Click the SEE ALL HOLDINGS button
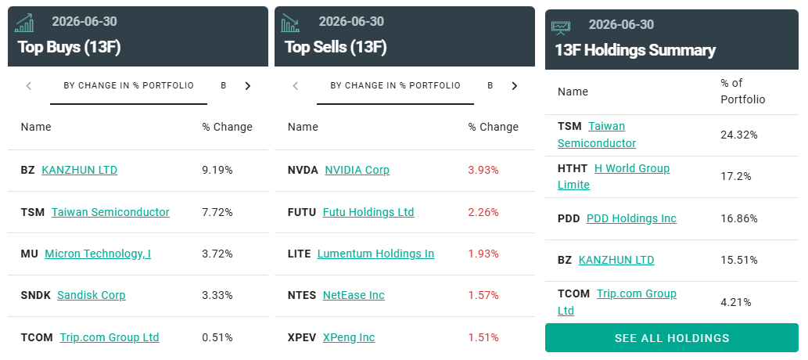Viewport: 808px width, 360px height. pyautogui.click(x=671, y=338)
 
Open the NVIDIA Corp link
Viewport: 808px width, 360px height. pyautogui.click(x=357, y=170)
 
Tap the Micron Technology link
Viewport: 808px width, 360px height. pyautogui.click(x=98, y=254)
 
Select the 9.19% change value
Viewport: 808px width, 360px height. pyautogui.click(x=217, y=170)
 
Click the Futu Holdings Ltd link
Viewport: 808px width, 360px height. pyautogui.click(x=368, y=212)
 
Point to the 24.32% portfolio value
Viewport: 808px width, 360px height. pyautogui.click(x=739, y=135)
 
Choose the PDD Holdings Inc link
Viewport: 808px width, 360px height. pyautogui.click(x=631, y=218)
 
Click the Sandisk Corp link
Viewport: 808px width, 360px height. pyautogui.click(x=92, y=295)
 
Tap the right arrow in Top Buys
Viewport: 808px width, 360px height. pyautogui.click(x=248, y=85)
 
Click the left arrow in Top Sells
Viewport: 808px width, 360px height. pyautogui.click(x=295, y=85)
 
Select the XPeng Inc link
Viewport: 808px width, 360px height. pyautogui.click(x=349, y=337)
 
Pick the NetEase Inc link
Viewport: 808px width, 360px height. pyautogui.click(x=354, y=295)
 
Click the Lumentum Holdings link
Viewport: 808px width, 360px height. pyautogui.click(x=375, y=254)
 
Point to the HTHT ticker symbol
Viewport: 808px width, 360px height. pyautogui.click(x=573, y=168)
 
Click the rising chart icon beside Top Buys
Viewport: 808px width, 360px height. pyautogui.click(x=24, y=23)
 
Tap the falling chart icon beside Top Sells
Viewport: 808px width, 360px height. pyautogui.click(x=290, y=23)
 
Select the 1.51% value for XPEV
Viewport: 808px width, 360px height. pyautogui.click(x=483, y=337)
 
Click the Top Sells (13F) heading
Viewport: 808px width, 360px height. pyautogui.click(x=336, y=47)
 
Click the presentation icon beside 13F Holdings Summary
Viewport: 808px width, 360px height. pyautogui.click(x=561, y=27)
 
